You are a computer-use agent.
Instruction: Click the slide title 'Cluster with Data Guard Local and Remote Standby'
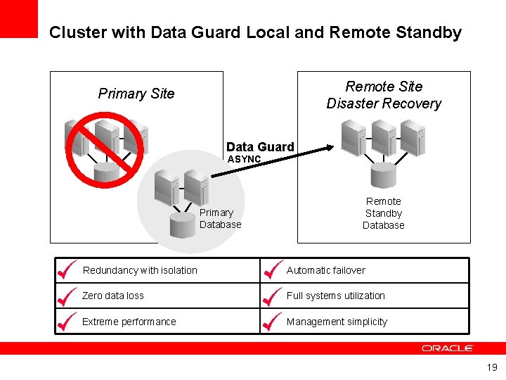click(255, 32)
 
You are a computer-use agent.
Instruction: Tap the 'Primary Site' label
click(136, 94)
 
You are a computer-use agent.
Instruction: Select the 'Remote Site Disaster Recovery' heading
click(384, 95)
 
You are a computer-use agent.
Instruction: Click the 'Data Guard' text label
click(260, 146)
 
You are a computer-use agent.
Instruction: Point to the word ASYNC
click(244, 160)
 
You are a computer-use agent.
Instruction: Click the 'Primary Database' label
click(220, 218)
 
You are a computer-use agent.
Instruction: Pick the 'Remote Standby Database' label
click(384, 213)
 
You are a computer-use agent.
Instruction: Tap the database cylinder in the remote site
click(384, 173)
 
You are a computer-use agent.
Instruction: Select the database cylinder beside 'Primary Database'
click(183, 224)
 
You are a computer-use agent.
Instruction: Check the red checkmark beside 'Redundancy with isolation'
click(67, 270)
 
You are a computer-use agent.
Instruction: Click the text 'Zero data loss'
click(113, 296)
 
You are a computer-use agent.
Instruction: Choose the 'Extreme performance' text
click(129, 322)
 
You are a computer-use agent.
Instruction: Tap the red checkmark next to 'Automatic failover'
click(272, 270)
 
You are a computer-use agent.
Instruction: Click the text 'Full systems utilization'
click(336, 296)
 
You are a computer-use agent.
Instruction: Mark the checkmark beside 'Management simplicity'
click(272, 321)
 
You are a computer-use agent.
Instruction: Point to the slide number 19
click(492, 367)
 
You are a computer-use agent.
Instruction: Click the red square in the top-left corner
click(18, 18)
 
